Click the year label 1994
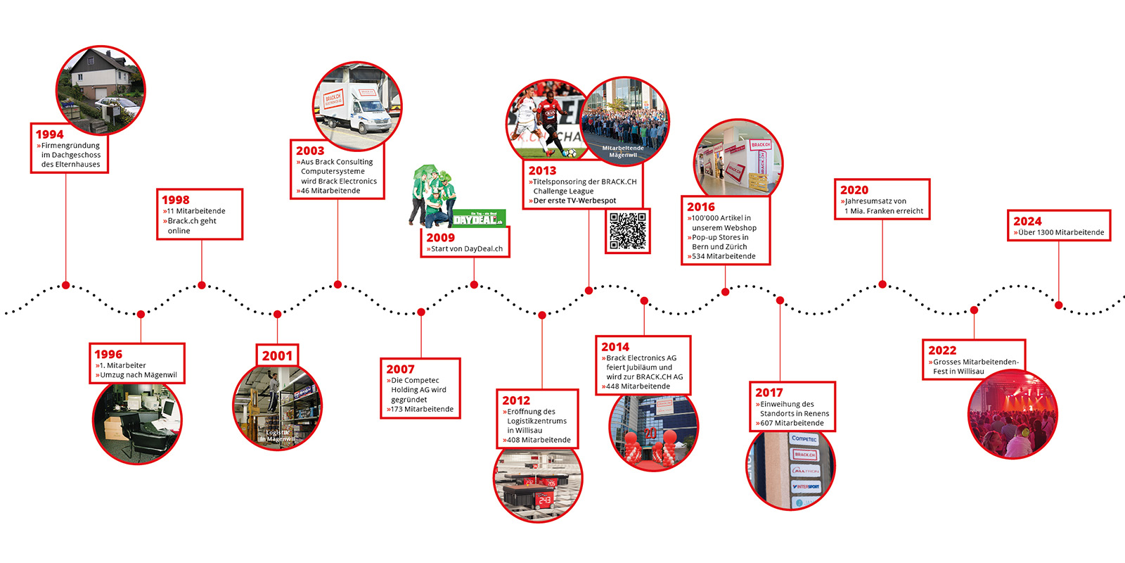50,134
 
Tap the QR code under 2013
627,231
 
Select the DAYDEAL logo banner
478,219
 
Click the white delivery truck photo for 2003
357,107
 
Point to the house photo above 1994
101,90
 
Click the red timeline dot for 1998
202,285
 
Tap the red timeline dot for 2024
1058,305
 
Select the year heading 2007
400,369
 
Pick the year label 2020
854,190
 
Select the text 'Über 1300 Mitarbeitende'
1061,232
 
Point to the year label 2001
277,355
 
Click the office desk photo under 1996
137,421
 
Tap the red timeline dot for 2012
542,315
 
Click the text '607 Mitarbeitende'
792,423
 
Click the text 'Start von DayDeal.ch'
467,248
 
